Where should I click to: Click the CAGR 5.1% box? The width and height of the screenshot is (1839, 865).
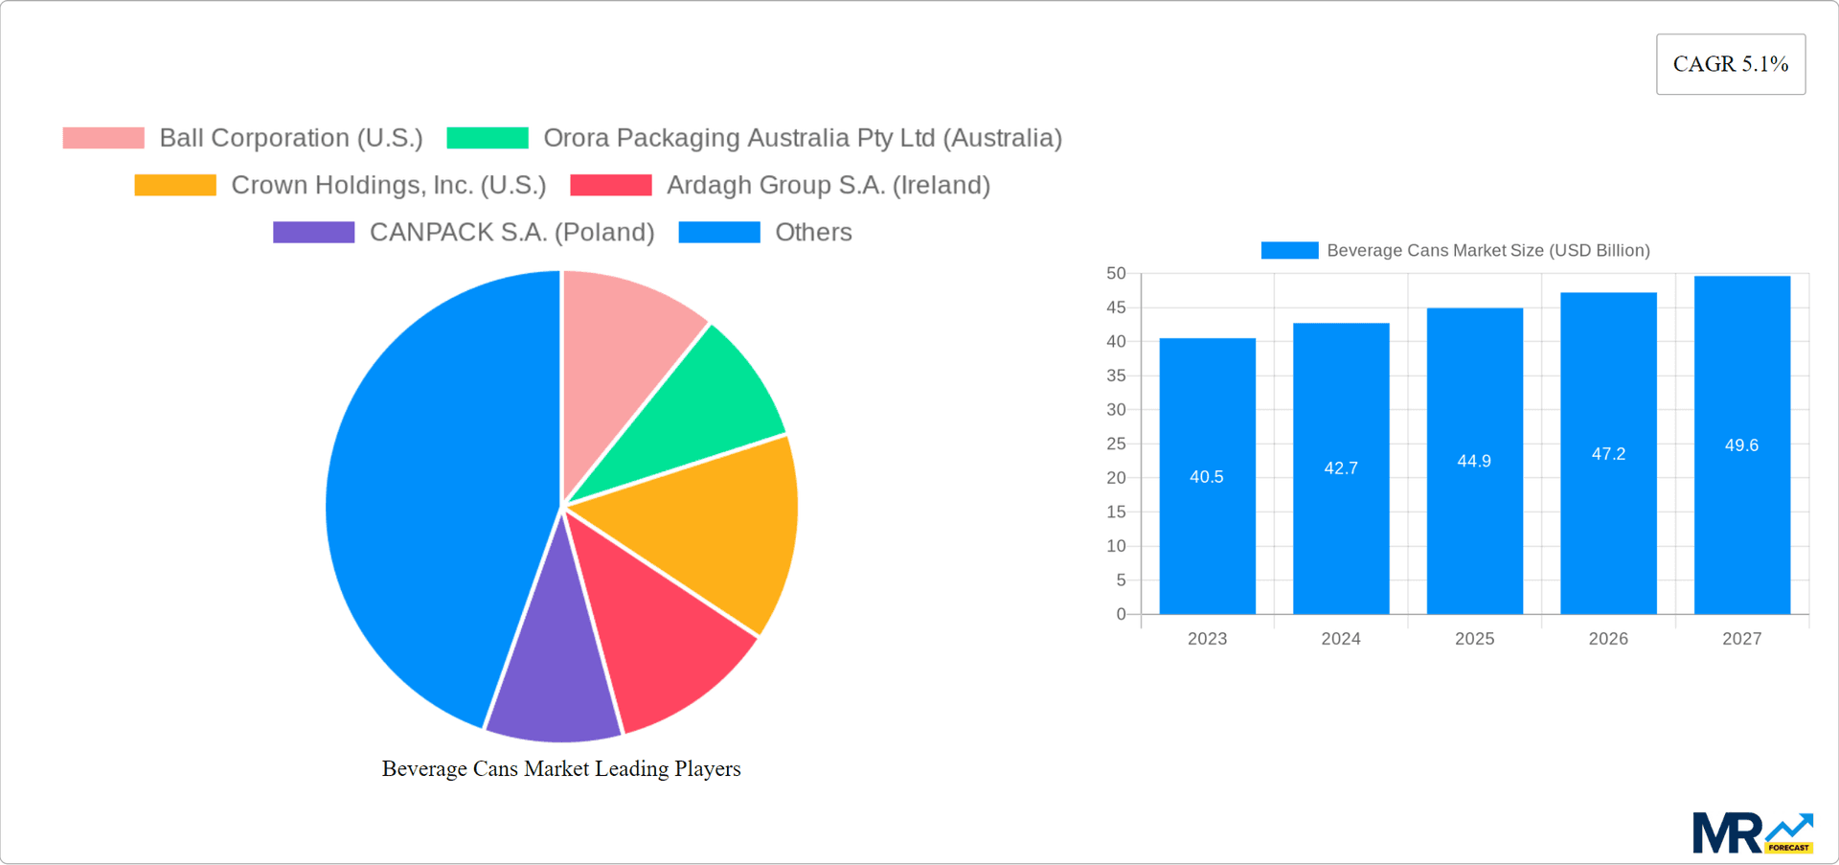tap(1730, 64)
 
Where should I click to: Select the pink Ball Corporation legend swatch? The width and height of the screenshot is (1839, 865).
tap(103, 138)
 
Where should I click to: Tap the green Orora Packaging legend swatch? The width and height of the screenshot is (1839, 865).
tap(488, 138)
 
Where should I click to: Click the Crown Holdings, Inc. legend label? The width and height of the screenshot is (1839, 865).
tap(388, 185)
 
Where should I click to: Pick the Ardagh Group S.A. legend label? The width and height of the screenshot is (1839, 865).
tap(828, 185)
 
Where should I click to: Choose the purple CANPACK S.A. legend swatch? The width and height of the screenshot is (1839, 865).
tap(313, 232)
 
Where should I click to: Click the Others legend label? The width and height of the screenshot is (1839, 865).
tap(813, 232)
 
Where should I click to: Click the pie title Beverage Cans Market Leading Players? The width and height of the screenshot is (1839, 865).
tap(561, 768)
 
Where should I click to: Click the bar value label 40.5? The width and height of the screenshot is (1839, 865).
tap(1206, 477)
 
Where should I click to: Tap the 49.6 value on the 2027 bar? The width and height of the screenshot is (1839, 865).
tap(1741, 445)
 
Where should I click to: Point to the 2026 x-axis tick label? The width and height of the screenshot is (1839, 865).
tap(1608, 639)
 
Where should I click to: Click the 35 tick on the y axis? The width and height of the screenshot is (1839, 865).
tap(1116, 376)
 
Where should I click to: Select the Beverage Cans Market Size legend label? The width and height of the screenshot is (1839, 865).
tap(1487, 250)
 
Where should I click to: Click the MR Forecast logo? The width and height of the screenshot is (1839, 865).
tap(1752, 832)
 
